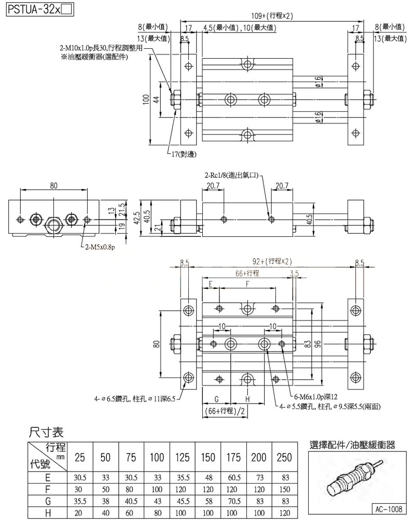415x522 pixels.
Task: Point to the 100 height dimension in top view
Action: tap(147, 99)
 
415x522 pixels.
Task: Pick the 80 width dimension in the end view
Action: tap(54, 185)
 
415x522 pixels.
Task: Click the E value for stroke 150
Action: tap(208, 477)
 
